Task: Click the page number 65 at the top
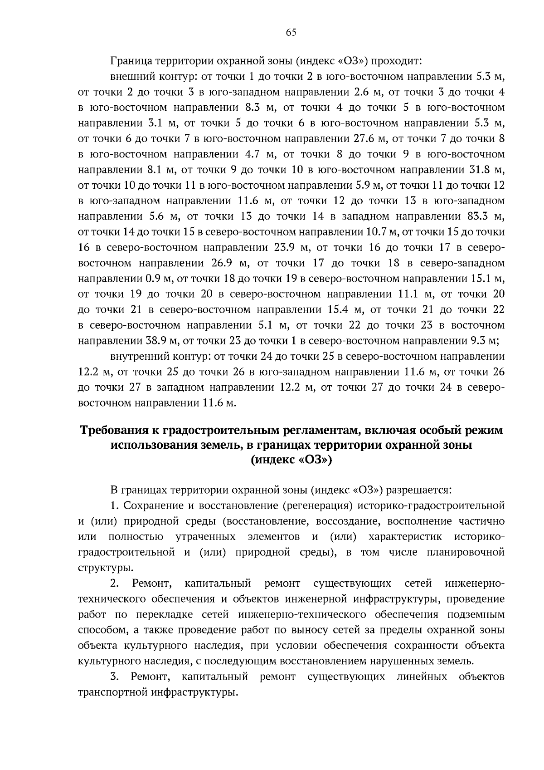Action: (x=291, y=32)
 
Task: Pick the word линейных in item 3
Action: (x=421, y=677)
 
